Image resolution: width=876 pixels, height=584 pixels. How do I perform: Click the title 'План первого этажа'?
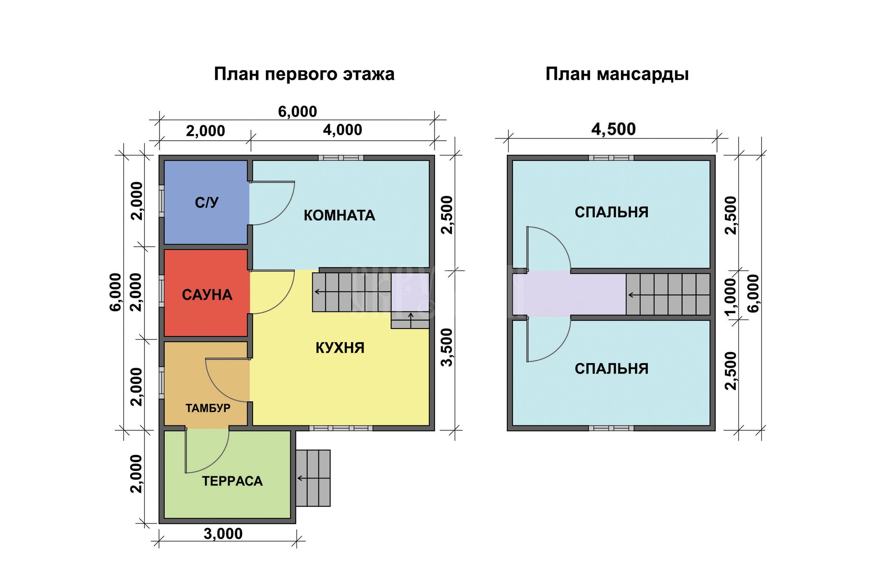pyautogui.click(x=304, y=74)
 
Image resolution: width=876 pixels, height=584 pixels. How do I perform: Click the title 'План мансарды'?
pyautogui.click(x=617, y=74)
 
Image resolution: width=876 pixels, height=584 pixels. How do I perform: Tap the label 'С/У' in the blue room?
pyautogui.click(x=207, y=202)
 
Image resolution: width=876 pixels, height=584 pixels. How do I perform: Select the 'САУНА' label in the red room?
pyautogui.click(x=207, y=295)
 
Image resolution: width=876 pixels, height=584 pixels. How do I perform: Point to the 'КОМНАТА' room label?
pyautogui.click(x=339, y=216)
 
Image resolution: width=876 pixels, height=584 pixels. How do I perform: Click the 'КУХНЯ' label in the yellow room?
pyautogui.click(x=340, y=348)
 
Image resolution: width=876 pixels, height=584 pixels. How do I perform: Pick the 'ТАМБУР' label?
pyautogui.click(x=208, y=408)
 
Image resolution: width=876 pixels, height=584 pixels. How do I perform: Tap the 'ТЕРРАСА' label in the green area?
pyautogui.click(x=232, y=481)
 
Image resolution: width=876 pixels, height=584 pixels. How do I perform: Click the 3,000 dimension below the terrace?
pyautogui.click(x=223, y=534)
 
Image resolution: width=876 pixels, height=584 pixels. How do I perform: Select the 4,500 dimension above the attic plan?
pyautogui.click(x=613, y=129)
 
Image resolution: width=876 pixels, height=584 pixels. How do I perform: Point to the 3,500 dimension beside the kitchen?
pyautogui.click(x=447, y=347)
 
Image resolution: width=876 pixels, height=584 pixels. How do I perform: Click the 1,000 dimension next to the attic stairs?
pyautogui.click(x=731, y=297)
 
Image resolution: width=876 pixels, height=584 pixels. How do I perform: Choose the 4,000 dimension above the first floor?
pyautogui.click(x=343, y=130)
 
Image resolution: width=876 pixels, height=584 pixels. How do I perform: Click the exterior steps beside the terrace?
pyautogui.click(x=313, y=478)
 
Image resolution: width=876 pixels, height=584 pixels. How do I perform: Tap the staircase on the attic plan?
pyautogui.click(x=668, y=294)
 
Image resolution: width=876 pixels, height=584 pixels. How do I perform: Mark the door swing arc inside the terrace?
pyautogui.click(x=215, y=460)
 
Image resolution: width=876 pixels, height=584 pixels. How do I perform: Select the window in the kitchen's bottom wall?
pyautogui.click(x=341, y=428)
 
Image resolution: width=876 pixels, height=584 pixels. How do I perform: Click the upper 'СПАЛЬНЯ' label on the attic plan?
pyautogui.click(x=611, y=212)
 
